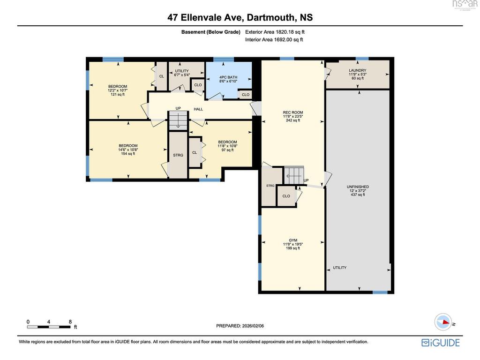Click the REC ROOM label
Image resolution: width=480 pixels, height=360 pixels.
[293, 116]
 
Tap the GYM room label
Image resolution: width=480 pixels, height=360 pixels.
[293, 244]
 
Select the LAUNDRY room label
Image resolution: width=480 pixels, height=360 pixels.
[358, 74]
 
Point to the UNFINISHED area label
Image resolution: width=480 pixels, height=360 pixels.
[358, 190]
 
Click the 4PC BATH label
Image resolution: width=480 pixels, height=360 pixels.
[228, 79]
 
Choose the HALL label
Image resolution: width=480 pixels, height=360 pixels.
[198, 109]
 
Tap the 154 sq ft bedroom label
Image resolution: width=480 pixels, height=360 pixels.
[128, 150]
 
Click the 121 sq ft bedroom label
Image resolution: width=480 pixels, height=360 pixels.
[118, 90]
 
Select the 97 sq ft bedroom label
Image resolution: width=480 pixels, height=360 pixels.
[227, 146]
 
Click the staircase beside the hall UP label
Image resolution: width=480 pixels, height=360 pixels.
[178, 120]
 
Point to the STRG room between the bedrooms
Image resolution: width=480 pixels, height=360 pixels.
[178, 155]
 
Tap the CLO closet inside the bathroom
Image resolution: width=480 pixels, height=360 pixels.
[246, 95]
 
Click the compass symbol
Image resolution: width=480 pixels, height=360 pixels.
[443, 322]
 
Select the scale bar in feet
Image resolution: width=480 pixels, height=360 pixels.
[49, 327]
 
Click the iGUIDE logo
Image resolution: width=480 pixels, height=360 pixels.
[441, 343]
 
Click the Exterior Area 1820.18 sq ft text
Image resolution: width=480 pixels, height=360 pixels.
[275, 32]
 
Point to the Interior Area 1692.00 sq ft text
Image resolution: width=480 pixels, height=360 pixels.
[274, 39]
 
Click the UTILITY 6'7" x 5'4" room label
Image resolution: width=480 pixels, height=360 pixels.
[182, 73]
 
